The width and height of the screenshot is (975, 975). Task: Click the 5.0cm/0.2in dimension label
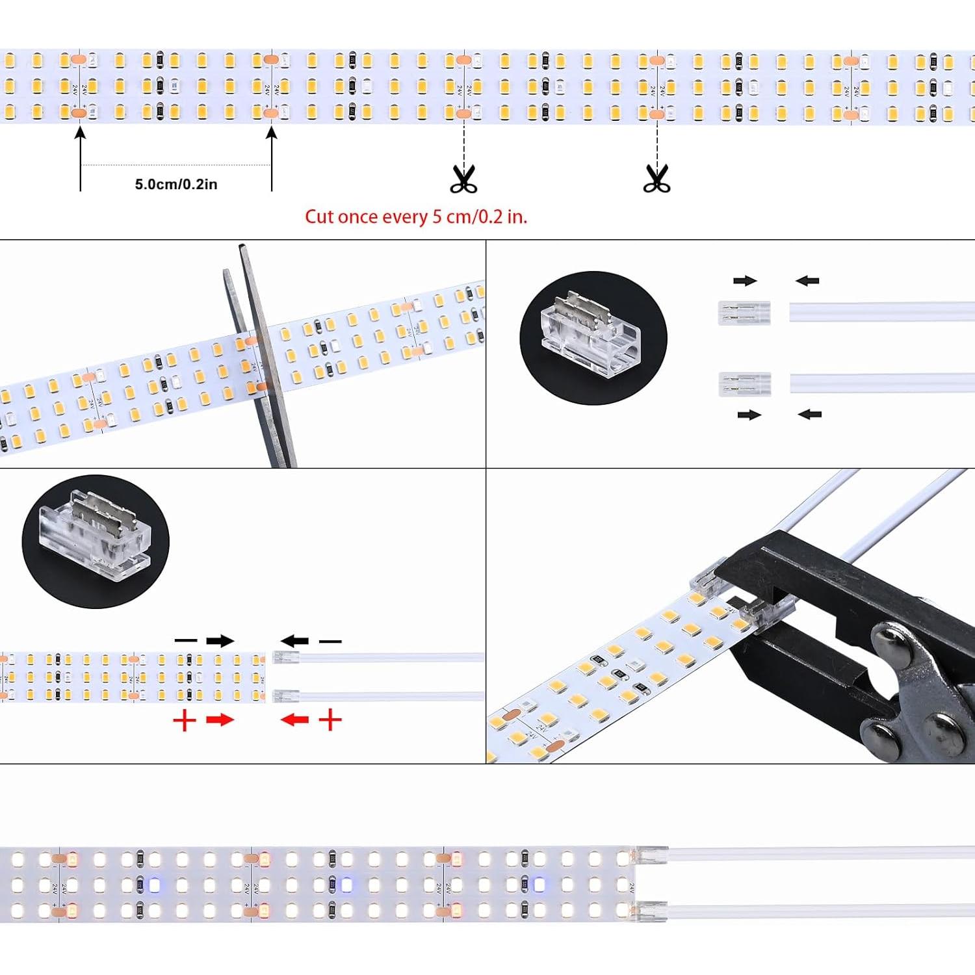pos(176,185)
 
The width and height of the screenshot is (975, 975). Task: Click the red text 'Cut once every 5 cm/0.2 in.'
pos(416,216)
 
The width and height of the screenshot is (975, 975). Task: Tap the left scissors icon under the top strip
pos(463,179)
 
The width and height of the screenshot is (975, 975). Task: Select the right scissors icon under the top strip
pos(656,179)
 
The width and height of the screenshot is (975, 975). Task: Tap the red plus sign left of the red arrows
pos(185,720)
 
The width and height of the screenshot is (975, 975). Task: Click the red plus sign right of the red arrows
pos(331,720)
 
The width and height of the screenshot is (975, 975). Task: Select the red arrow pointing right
pos(220,720)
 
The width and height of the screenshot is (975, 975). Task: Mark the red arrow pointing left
pos(294,720)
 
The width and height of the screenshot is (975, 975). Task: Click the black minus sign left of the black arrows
pos(186,641)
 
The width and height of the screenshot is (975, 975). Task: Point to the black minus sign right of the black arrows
pos(330,642)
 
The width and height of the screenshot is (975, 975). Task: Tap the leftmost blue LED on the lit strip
pos(153,885)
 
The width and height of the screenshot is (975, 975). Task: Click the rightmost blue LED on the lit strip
pos(539,884)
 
